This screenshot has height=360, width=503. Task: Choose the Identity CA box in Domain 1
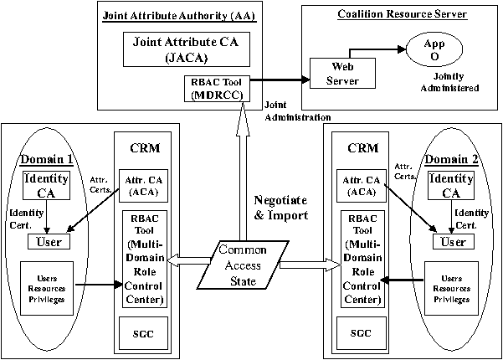pos(44,187)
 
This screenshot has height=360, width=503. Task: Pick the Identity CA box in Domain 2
pos(450,187)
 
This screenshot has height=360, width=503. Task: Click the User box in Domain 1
pos(49,241)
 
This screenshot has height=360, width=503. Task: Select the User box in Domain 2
pos(451,241)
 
